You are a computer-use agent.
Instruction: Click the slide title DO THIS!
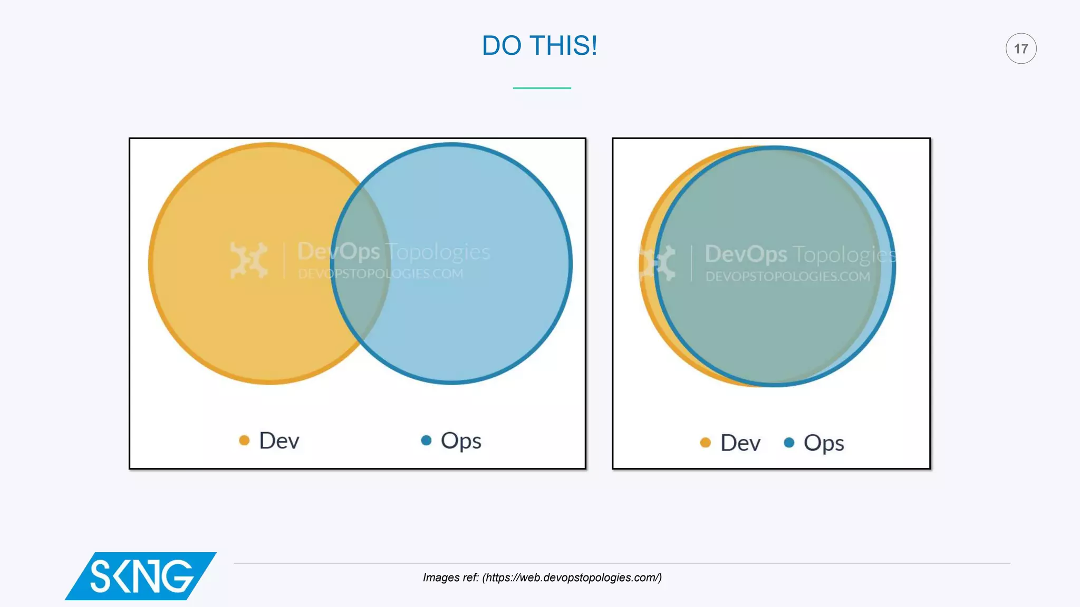(539, 46)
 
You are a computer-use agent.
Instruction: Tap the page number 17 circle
(1020, 48)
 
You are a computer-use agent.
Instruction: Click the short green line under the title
(542, 88)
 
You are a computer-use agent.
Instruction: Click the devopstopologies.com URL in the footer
(572, 577)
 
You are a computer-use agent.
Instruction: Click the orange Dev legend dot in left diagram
(244, 440)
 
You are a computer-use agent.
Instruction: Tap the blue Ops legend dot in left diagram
(426, 440)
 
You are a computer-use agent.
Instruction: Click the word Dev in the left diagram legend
(279, 440)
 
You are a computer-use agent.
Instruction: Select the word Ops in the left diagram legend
(461, 441)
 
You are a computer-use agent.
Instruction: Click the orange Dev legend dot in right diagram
(705, 443)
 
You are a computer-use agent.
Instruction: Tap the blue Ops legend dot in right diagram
(789, 443)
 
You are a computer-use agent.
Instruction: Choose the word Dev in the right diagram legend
(740, 443)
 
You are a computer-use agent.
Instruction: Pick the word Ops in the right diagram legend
(824, 444)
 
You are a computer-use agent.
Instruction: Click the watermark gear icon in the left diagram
(248, 260)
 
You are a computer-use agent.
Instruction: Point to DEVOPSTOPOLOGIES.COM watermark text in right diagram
(788, 277)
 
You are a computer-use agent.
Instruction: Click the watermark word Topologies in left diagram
(438, 252)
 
